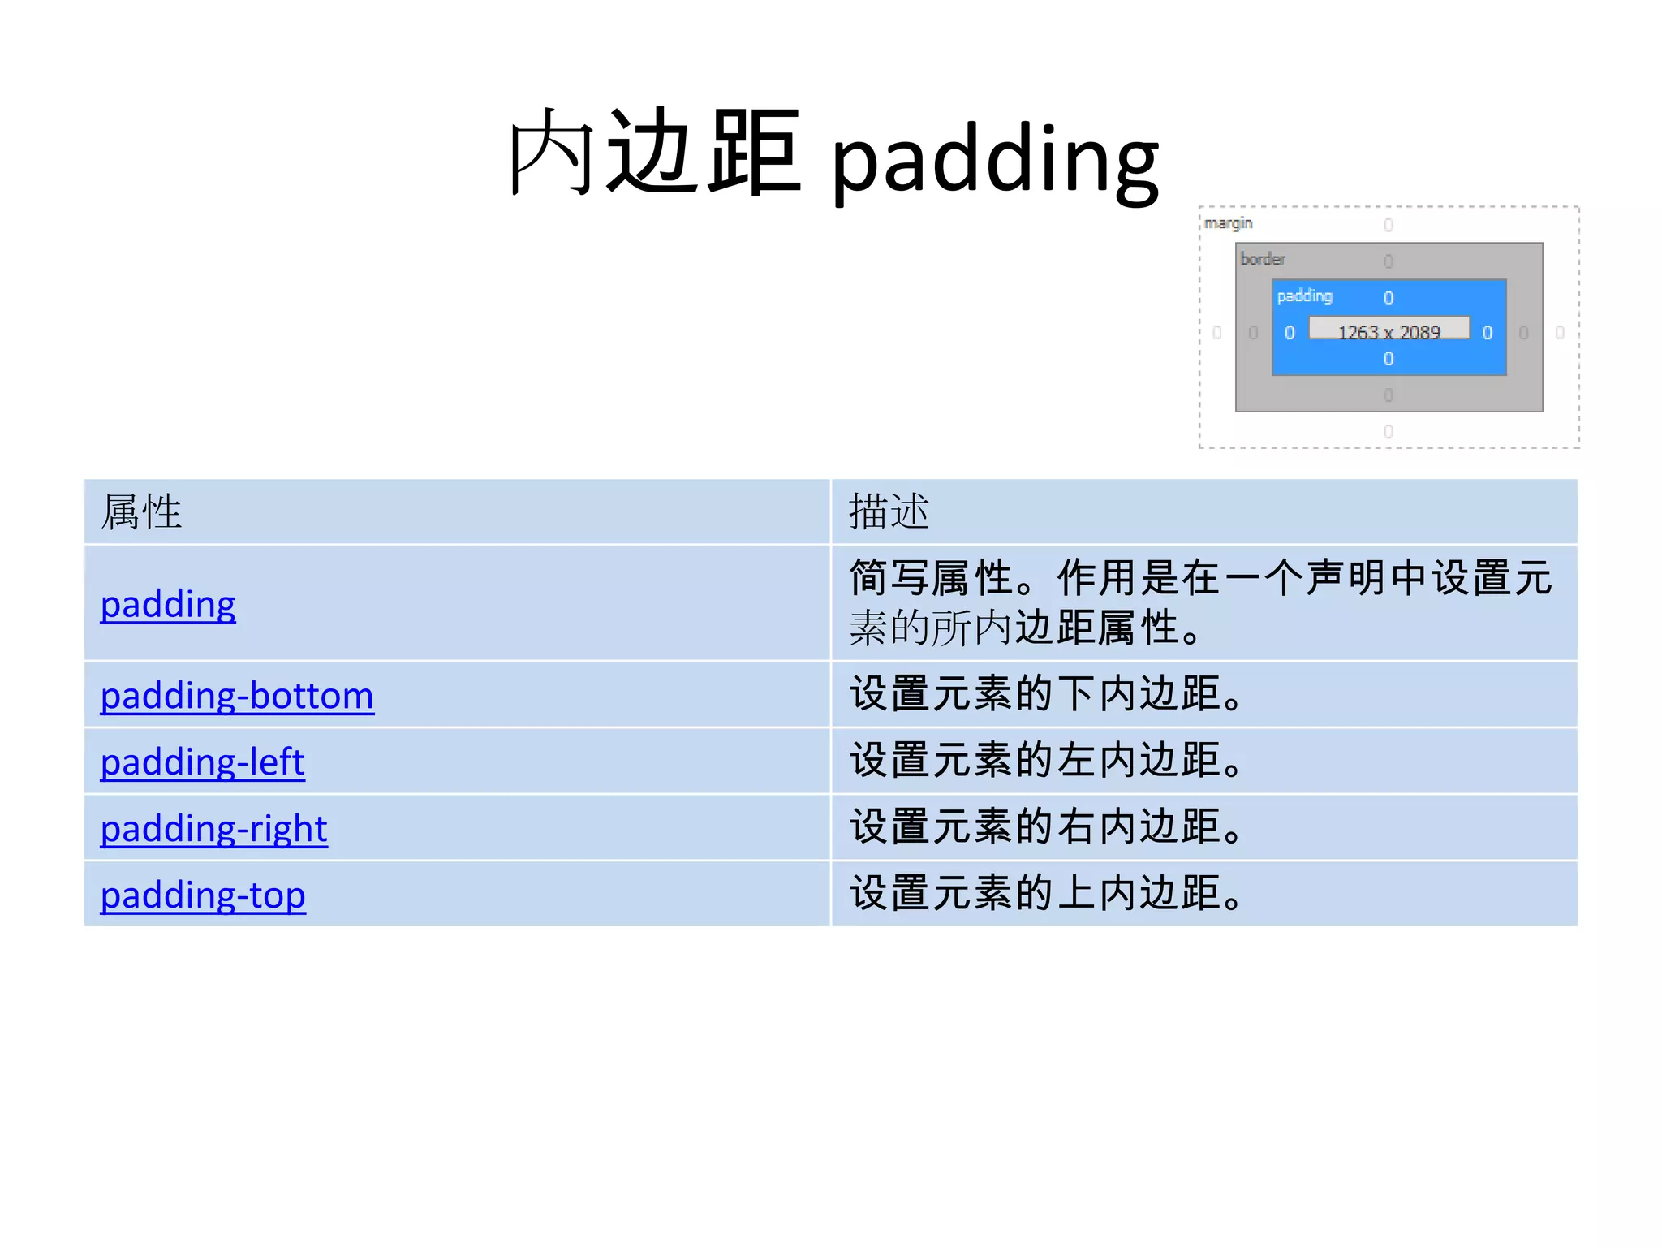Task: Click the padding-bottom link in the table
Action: [x=237, y=696]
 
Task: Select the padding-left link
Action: [x=202, y=762]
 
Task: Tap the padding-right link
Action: [x=213, y=829]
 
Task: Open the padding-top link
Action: [x=203, y=895]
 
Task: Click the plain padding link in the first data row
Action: [x=168, y=605]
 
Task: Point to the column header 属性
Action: [x=141, y=512]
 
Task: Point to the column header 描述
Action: [x=889, y=512]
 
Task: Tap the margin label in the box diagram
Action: [x=1228, y=223]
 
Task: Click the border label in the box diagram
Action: [x=1263, y=259]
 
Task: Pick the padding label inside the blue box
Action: [x=1304, y=296]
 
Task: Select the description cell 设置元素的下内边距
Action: [x=1046, y=695]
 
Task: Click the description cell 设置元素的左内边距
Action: [x=1046, y=762]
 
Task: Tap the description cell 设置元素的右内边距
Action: [x=1046, y=828]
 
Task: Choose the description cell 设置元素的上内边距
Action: [x=1046, y=895]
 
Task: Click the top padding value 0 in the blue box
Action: [x=1389, y=298]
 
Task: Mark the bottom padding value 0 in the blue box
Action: [x=1389, y=359]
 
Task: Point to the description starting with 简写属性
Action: [x=1199, y=603]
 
